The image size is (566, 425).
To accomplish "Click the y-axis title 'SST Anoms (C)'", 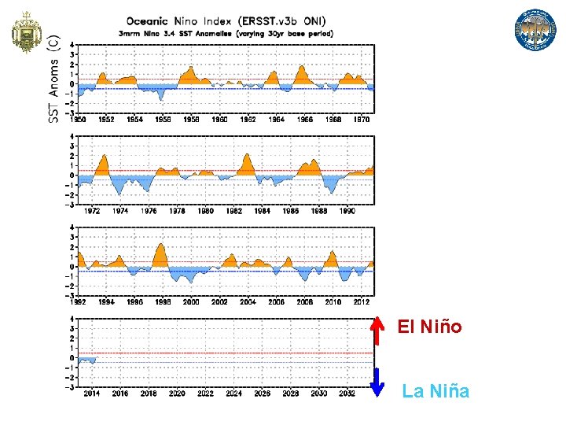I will tap(53, 78).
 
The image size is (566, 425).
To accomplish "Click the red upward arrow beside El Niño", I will tap(378, 330).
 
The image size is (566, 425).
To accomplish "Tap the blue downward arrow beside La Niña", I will tap(378, 382).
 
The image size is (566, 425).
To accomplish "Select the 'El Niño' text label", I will tap(430, 326).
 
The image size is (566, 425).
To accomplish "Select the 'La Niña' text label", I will tap(436, 390).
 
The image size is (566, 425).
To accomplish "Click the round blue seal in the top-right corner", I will tap(535, 31).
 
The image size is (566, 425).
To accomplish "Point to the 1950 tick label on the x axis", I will tap(78, 120).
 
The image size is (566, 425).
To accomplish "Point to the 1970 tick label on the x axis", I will tap(361, 120).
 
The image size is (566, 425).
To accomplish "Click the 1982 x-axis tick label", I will tap(234, 211).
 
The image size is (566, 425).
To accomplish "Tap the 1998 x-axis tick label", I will tap(164, 302).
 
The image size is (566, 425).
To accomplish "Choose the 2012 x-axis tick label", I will tap(361, 302).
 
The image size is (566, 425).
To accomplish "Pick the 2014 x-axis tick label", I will tap(92, 394).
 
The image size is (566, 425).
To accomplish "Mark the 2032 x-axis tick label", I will tap(347, 394).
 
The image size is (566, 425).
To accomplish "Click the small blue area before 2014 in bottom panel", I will tap(86, 360).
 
